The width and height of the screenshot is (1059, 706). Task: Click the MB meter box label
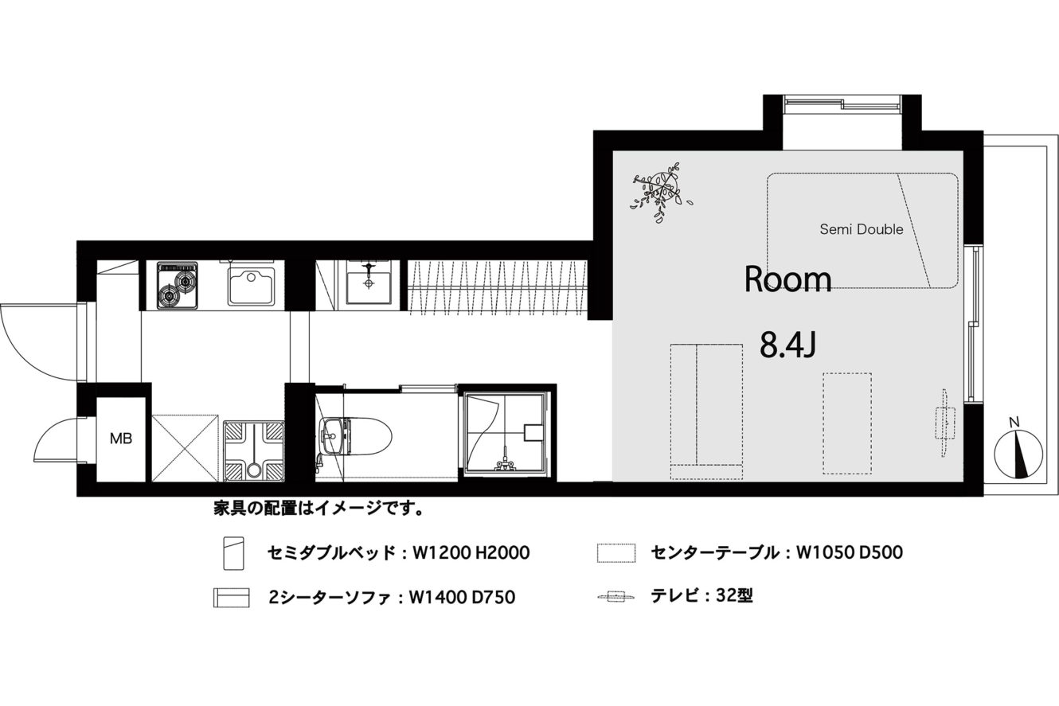click(121, 439)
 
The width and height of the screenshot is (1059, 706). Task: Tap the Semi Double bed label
click(862, 230)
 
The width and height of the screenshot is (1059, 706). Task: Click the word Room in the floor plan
click(787, 279)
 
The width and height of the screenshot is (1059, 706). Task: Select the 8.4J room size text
click(788, 345)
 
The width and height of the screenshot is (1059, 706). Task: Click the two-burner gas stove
click(178, 286)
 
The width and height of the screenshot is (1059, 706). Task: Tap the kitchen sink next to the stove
click(251, 285)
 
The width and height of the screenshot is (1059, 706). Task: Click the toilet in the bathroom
click(355, 435)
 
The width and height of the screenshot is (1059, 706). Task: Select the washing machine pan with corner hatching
click(254, 451)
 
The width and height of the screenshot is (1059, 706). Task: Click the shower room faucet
click(505, 462)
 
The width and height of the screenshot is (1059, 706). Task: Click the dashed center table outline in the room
click(847, 423)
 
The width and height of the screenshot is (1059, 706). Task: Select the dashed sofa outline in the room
click(706, 412)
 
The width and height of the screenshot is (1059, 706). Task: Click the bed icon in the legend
click(233, 553)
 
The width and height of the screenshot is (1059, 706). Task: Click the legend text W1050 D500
click(850, 552)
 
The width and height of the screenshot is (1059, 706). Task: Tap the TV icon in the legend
click(616, 596)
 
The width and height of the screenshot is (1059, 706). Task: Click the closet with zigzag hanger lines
click(498, 287)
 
